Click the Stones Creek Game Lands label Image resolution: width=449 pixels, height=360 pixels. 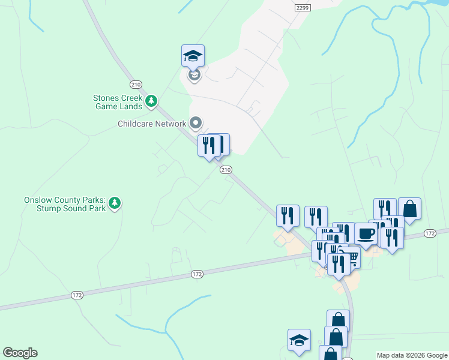click(118, 102)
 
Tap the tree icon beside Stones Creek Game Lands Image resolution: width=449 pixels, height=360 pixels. click(152, 101)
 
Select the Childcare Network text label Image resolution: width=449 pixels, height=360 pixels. click(152, 124)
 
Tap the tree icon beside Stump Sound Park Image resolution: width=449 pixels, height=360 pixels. click(115, 204)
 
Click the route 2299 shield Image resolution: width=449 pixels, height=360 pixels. click(303, 7)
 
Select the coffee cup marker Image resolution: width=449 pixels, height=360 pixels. click(365, 234)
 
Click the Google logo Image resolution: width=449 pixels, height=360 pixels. click(20, 353)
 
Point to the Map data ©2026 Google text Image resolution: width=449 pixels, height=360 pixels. click(412, 355)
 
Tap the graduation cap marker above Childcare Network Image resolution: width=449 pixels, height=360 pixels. click(193, 56)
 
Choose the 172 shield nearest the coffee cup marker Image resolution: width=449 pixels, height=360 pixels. click(429, 233)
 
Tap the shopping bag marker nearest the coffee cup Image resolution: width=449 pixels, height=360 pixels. click(409, 209)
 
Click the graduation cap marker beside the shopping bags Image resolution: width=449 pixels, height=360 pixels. click(299, 340)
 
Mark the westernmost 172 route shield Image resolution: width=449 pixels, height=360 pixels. click(76, 295)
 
